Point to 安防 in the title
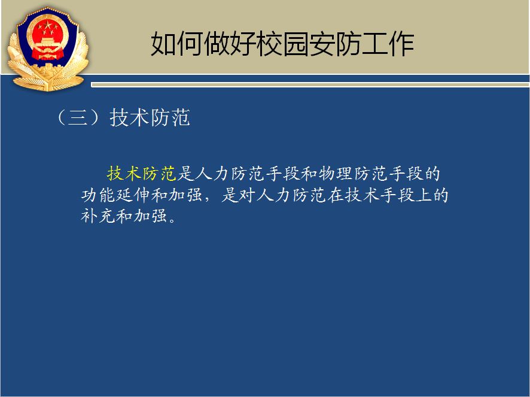coord(335,44)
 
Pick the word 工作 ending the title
coord(388,44)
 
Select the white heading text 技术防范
coord(150,118)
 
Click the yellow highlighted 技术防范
coord(142,173)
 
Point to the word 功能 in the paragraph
coord(98,195)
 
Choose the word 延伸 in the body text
coord(133,195)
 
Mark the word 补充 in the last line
coord(98,216)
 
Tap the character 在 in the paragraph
coord(336,195)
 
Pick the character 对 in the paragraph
coord(248,195)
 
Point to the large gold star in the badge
coord(48,25)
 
